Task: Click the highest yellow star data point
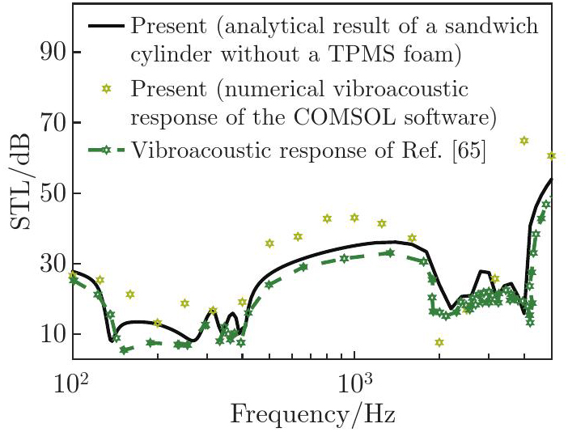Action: (x=524, y=141)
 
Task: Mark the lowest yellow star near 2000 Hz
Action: (x=439, y=342)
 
